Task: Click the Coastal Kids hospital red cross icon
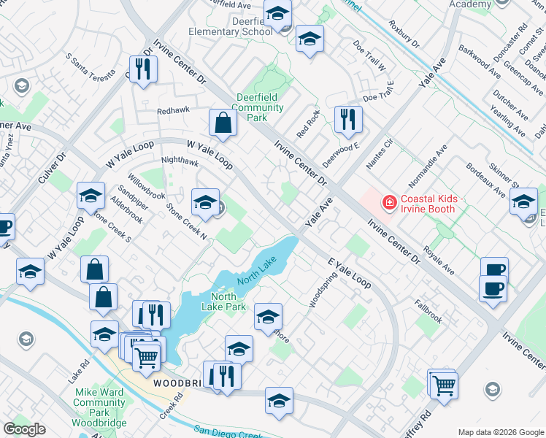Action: point(389,201)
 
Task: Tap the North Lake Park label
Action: point(224,301)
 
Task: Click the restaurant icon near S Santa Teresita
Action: point(144,69)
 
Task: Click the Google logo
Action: point(24,429)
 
